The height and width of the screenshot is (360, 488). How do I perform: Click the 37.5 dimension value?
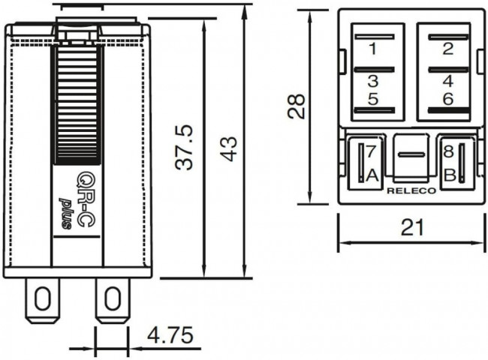[185, 146]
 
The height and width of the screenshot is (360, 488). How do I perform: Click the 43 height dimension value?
[227, 147]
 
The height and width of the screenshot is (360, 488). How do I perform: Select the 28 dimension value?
[298, 106]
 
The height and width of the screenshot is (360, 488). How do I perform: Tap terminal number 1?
[372, 50]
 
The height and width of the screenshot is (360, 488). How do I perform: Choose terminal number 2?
[448, 50]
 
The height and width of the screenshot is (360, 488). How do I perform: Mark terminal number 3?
[372, 81]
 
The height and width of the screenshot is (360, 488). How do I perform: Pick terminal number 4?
[448, 81]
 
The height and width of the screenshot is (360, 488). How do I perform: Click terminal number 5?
[372, 98]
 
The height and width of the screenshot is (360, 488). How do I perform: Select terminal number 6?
[448, 98]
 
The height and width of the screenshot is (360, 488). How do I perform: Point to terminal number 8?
[448, 151]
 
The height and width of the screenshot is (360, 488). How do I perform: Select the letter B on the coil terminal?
[448, 175]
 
